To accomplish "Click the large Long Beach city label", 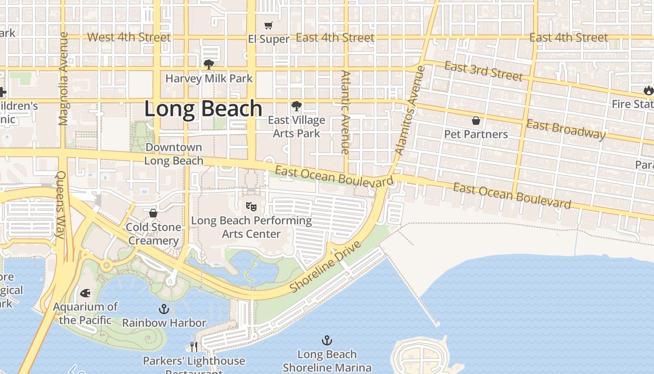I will tap(203, 109).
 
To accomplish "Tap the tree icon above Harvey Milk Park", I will tap(209, 65).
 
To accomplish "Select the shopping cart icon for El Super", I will tap(269, 26).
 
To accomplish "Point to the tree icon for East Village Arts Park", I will tap(296, 106).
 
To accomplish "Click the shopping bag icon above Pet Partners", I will tap(476, 121).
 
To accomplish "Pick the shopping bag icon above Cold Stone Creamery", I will tap(153, 213).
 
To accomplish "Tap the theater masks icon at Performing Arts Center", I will tap(251, 206).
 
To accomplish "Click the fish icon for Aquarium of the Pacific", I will tap(85, 293).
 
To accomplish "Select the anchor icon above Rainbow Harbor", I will tap(163, 309).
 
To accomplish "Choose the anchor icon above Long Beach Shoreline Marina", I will tap(327, 340).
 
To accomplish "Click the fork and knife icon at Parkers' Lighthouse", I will tap(194, 346).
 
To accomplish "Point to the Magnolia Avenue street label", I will tap(64, 79).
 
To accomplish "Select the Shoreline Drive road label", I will tap(326, 267).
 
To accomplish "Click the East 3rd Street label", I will tap(483, 71).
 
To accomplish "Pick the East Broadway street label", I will tap(566, 129).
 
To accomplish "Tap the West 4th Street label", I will tap(128, 37).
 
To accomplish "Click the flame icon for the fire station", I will tap(648, 90).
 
